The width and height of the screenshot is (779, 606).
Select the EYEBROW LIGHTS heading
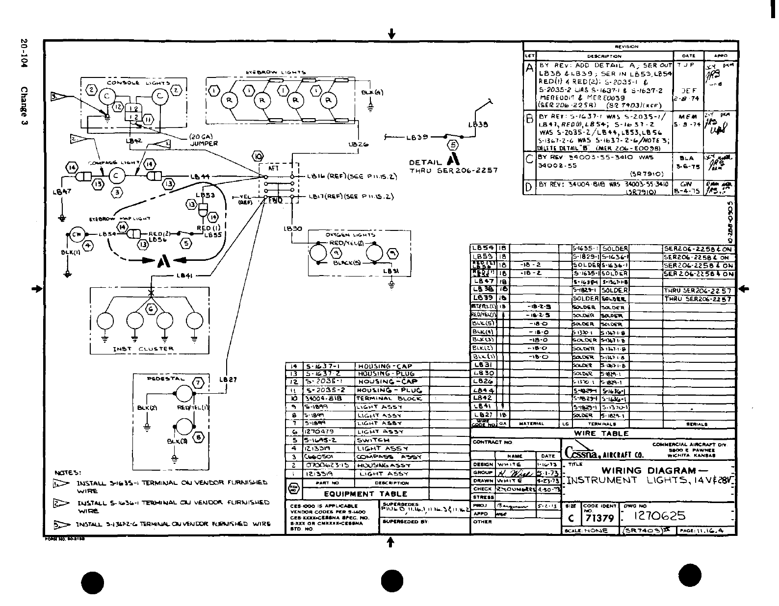[276, 73]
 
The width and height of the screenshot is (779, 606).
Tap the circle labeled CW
[76, 234]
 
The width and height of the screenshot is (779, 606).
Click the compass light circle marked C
[116, 176]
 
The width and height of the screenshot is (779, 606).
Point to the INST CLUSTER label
[143, 349]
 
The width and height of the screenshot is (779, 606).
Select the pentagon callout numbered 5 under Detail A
[452, 145]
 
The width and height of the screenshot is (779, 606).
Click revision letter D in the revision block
[529, 187]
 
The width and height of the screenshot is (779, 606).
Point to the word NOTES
[68, 473]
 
